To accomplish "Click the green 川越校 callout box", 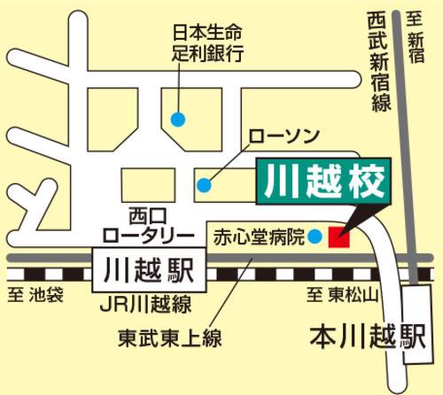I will pyautogui.click(x=323, y=182).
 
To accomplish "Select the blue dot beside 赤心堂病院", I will pyautogui.click(x=314, y=237).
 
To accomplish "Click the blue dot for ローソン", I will pyautogui.click(x=204, y=185).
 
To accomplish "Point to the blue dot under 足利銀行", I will pyautogui.click(x=178, y=119).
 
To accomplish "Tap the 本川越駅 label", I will pyautogui.click(x=364, y=337).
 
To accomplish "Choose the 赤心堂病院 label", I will pyautogui.click(x=258, y=237).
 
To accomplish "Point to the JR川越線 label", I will pyautogui.click(x=145, y=306).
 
